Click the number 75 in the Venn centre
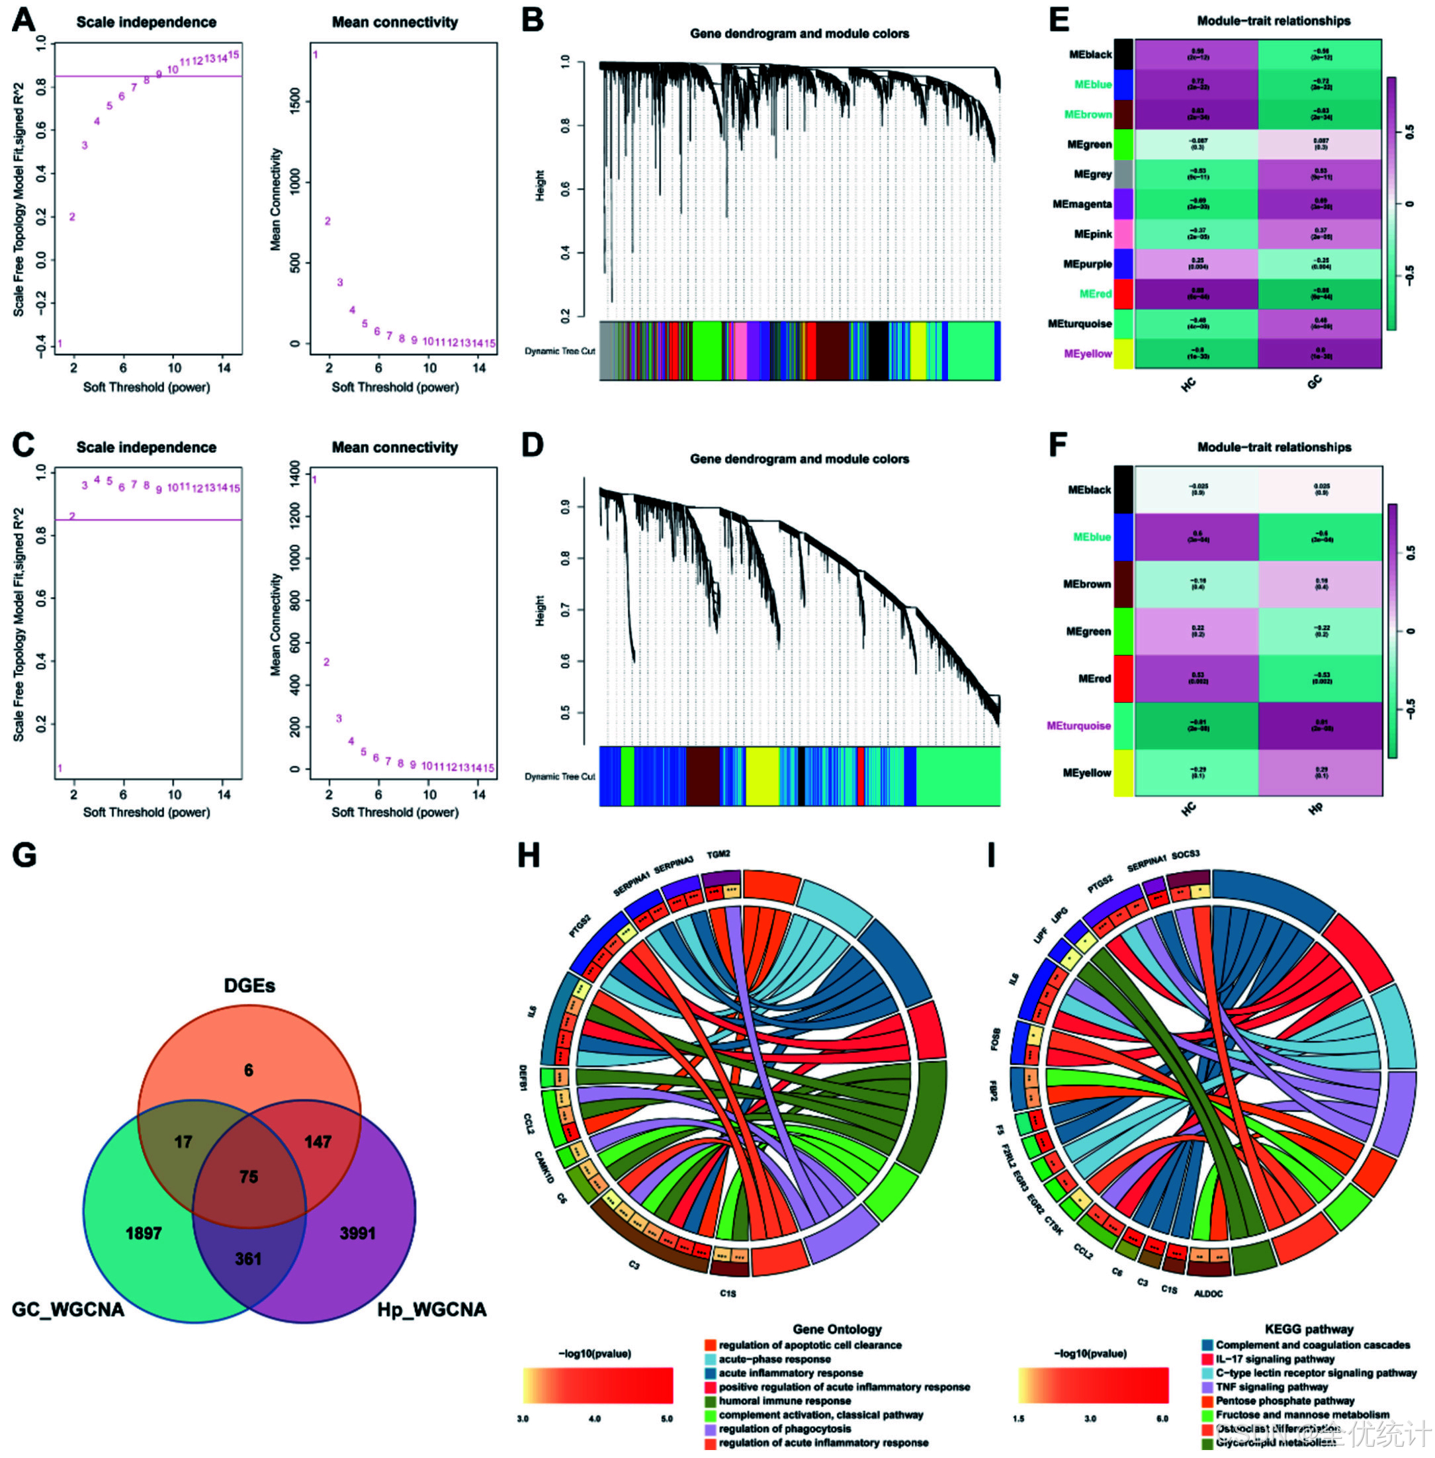pos(249,1177)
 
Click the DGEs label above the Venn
pos(249,985)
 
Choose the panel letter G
pos(24,855)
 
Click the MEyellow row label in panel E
pos(1088,353)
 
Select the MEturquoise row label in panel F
pos(1078,726)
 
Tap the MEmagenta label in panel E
pos(1082,205)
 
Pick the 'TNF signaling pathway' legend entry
pos(1272,1387)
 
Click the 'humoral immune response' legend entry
pos(785,1400)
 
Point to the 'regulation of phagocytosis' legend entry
pos(785,1429)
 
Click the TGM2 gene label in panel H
pos(718,854)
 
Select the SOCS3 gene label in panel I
pos(1186,854)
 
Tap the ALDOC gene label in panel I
pos(1208,1294)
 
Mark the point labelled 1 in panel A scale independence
pos(60,343)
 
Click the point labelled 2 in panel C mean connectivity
pos(326,662)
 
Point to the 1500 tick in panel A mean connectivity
pos(294,102)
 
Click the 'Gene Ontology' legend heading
pos(836,1329)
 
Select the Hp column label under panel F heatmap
pos(1315,809)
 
